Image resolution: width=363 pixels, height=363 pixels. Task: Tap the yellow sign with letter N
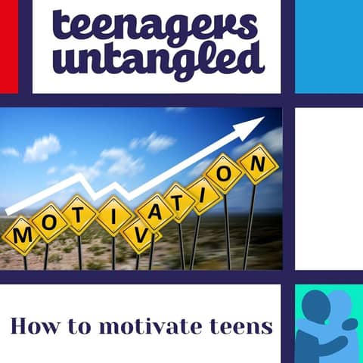tap(258, 161)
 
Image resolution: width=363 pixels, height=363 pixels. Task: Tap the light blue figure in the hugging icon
tap(340, 314)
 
